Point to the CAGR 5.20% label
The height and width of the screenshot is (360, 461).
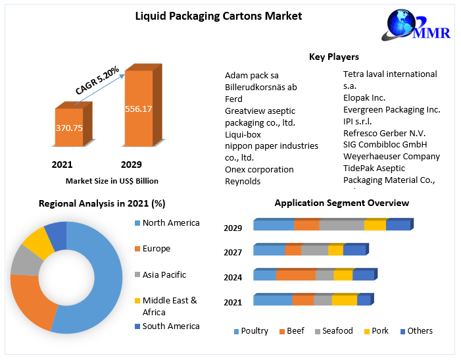pos(97,79)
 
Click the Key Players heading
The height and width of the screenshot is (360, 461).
pos(333,57)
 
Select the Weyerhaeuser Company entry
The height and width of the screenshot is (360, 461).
pos(391,156)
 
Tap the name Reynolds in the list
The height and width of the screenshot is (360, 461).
pos(243,181)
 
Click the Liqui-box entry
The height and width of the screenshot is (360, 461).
pos(243,134)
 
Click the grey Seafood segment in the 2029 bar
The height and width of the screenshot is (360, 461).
pos(341,226)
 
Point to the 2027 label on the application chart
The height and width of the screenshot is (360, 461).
pos(233,252)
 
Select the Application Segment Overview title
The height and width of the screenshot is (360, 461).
pos(341,203)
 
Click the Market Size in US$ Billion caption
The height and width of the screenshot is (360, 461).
pos(112,181)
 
